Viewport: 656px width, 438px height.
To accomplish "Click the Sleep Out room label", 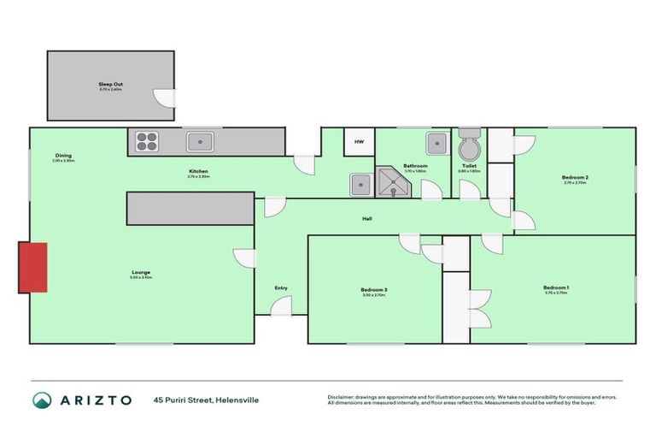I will [x=111, y=84].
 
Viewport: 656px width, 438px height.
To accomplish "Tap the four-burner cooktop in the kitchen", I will [x=146, y=141].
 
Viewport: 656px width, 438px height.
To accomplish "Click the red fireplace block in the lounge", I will [x=32, y=267].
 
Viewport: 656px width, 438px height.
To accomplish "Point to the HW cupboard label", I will [x=360, y=142].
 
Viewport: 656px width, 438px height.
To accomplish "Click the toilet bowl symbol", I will [x=470, y=146].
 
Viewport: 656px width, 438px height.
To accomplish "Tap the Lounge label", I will [x=141, y=273].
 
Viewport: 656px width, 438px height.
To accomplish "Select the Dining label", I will [x=63, y=155].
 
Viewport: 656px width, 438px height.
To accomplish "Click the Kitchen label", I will [x=199, y=171].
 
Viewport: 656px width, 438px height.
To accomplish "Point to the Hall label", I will [x=366, y=218].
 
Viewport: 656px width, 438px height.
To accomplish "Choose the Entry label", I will [x=281, y=288].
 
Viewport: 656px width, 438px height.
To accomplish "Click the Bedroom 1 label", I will [x=556, y=287].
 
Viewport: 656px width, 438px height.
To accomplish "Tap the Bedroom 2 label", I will [x=576, y=177].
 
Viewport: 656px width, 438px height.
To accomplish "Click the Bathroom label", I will [x=415, y=165].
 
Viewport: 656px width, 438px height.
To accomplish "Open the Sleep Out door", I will [x=161, y=98].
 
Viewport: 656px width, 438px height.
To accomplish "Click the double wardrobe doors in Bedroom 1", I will [x=479, y=305].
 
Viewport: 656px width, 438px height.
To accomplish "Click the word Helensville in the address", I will [x=237, y=400].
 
